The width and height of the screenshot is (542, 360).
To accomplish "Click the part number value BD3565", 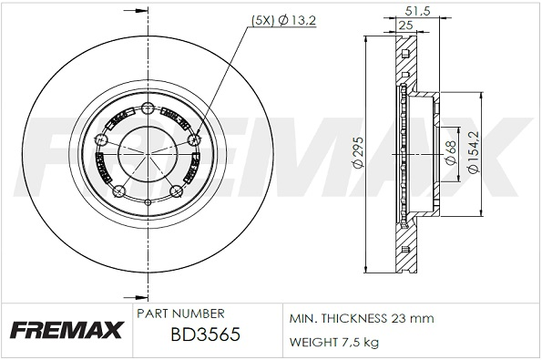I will pos(205,335).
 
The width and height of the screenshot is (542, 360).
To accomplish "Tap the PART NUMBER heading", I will pos(180,313).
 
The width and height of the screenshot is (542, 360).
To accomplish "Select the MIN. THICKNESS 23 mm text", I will pos(362,318).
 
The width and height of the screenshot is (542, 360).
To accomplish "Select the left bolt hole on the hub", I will pos(99,140).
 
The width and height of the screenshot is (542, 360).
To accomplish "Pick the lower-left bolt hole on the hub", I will pos(118,190).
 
